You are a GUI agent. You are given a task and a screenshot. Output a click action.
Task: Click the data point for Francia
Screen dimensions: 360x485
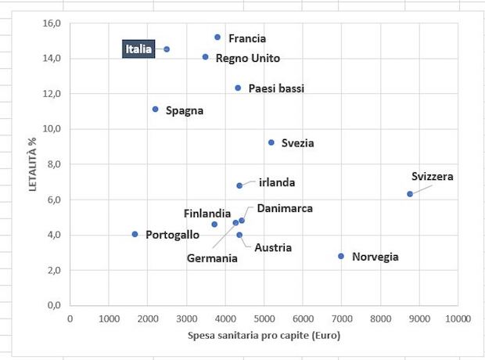point(217,38)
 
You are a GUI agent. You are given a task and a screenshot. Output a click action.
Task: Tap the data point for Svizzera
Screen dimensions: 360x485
point(409,194)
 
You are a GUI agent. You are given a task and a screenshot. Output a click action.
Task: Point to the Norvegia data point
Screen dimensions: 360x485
point(341,256)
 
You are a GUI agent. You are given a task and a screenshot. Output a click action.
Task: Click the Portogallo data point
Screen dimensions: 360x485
point(135,234)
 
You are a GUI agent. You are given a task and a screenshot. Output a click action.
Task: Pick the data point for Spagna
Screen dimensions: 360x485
point(156,110)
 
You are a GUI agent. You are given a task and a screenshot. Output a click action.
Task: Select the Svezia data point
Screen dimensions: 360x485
point(271,142)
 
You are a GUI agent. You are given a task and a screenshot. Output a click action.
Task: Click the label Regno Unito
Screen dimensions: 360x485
point(247,58)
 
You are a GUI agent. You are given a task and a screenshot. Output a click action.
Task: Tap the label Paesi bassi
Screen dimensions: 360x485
point(276,88)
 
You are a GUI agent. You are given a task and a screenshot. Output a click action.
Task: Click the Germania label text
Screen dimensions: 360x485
point(212,258)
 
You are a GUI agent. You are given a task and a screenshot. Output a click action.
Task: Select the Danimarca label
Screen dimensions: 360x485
point(285,209)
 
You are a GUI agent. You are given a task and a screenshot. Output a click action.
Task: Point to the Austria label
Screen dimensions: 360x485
point(273,247)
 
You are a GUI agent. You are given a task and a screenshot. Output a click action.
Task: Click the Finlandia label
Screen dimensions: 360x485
point(207,213)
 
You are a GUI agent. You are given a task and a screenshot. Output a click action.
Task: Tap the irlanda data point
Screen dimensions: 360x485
point(239,185)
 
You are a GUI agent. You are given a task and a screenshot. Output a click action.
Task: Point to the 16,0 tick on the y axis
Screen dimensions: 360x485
point(51,23)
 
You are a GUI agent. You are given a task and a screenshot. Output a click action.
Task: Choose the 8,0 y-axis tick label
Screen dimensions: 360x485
point(53,164)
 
